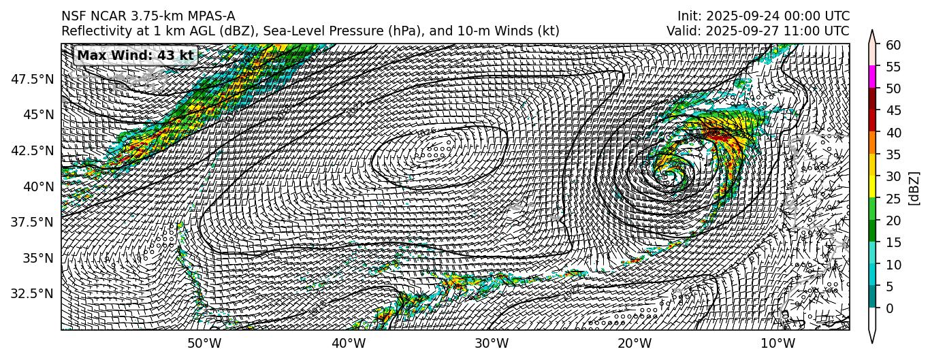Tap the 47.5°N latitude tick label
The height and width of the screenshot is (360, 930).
pos(33,79)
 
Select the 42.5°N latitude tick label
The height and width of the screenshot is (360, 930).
pos(33,150)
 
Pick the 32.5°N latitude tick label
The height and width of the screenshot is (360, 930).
pos(33,294)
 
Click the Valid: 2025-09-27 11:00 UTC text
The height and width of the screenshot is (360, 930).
pos(758,31)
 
